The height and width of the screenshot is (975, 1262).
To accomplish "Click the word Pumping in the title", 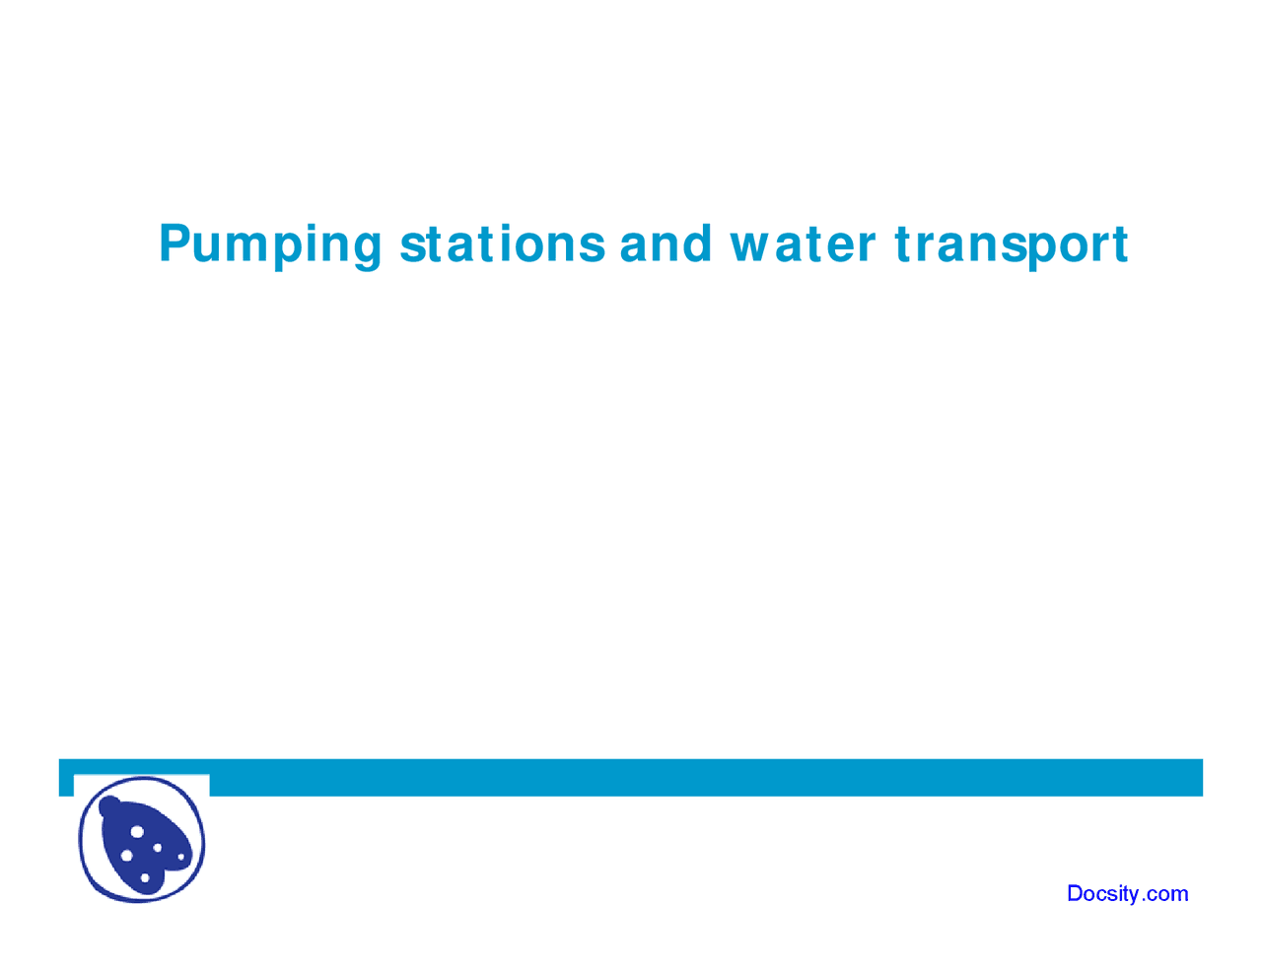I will pos(269,244).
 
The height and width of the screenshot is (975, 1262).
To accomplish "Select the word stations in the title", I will pos(502,244).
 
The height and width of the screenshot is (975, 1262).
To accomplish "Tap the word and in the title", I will pos(665,244).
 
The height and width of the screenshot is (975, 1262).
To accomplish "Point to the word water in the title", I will pos(802,244).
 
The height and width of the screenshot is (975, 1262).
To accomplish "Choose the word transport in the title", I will pos(1011,244).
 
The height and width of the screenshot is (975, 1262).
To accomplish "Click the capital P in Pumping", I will pos(174,244).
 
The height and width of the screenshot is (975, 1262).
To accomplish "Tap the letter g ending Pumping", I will pos(366,248).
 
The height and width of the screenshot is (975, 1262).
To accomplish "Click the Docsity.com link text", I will pos(1127,893).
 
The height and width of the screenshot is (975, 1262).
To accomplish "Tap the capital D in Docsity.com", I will pos(1076,893).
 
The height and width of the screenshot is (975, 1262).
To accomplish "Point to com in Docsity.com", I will pos(1167,894).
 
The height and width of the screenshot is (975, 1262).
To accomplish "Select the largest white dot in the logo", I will pos(137,831).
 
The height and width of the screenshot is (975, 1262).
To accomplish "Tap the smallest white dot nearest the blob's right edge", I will pos(180,857).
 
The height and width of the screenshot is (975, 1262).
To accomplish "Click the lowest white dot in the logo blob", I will pos(145,877).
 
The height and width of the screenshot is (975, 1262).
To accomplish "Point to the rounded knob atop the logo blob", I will pos(109,806).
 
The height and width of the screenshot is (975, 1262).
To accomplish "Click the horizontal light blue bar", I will pos(690,777).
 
